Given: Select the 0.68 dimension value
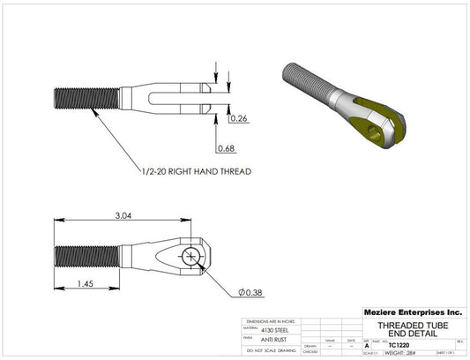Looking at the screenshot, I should pos(225,148).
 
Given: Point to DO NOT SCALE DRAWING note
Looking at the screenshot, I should pos(272,351).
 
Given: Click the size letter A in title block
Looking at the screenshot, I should pos(367,345).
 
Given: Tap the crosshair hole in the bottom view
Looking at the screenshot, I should pos(192,257).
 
